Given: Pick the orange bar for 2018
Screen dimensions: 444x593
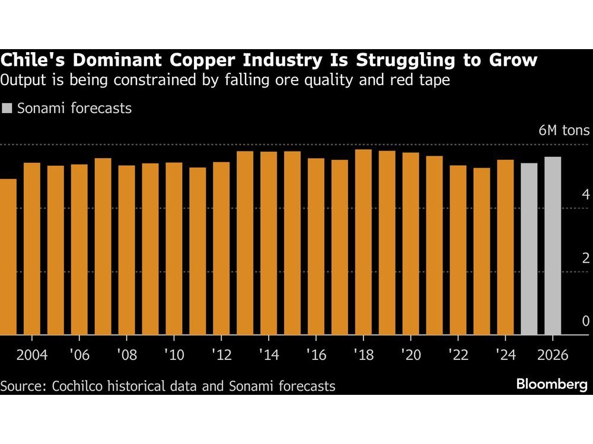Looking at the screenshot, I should (364, 242).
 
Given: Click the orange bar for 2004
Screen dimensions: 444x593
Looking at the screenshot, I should (32, 249).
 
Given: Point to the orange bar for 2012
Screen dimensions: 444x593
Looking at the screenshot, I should (221, 248).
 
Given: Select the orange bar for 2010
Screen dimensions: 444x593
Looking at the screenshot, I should (174, 249).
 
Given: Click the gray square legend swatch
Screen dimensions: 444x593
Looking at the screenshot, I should (7, 108).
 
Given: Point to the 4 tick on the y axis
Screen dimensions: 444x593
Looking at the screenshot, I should (585, 195).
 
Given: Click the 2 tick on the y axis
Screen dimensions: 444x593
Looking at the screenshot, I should (585, 258).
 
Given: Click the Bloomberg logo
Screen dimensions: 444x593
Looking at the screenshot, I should (551, 385).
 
